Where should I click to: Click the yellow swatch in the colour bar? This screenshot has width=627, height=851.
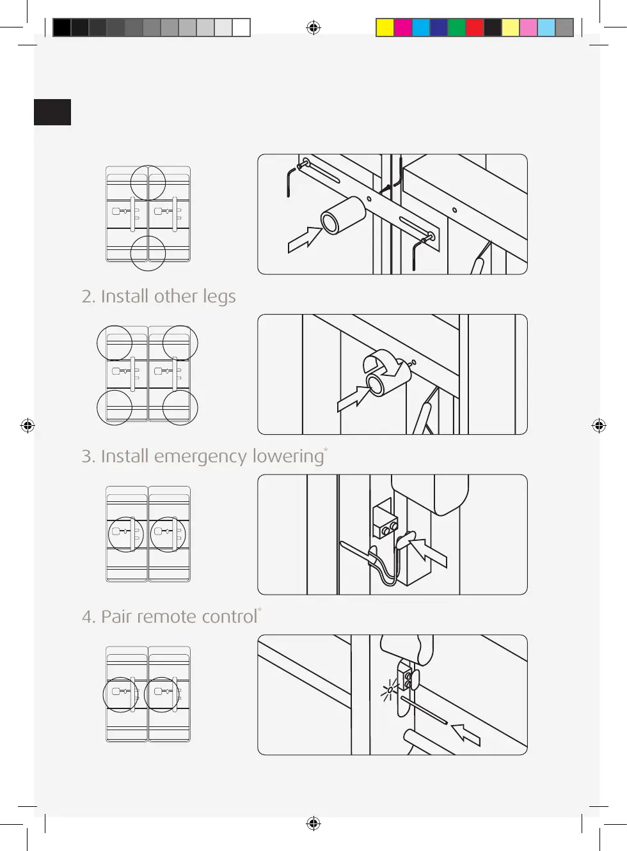pos(385,27)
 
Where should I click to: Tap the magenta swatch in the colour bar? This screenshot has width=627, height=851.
pos(403,27)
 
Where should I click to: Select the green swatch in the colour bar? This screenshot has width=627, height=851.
pos(457,27)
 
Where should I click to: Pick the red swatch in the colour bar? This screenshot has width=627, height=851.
pos(475,27)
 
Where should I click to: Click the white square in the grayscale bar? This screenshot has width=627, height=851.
pos(241,27)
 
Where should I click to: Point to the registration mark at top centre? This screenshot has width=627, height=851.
pos(313,27)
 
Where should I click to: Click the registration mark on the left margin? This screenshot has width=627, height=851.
pos(28,425)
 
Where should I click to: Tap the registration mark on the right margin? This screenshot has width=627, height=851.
pos(599,425)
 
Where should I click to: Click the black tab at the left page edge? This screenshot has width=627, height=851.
pos(52,112)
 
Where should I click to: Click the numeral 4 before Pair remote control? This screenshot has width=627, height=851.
pos(87,617)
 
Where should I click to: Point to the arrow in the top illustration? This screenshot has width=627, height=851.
pos(305,240)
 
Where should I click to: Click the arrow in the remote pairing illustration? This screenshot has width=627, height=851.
pos(465,735)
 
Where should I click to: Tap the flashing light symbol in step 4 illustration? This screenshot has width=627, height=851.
pos(390,689)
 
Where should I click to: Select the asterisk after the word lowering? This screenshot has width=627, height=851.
pos(326,449)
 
